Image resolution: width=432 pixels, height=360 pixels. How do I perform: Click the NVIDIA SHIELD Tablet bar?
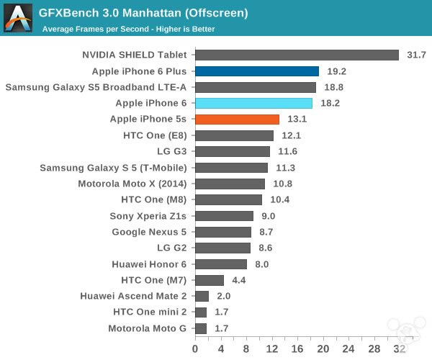[x=297, y=55]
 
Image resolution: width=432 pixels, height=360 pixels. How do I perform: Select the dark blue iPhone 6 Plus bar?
[x=256, y=71]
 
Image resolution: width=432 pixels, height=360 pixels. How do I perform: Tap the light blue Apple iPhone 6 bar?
[x=253, y=104]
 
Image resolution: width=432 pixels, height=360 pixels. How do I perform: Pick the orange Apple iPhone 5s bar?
[x=237, y=120]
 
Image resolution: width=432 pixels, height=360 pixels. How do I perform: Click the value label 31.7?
[x=415, y=55]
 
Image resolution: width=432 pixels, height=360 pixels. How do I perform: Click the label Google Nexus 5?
[x=149, y=232]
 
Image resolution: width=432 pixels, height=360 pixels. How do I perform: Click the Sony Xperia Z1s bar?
[x=224, y=216]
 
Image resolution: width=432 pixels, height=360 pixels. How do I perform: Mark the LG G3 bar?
[x=232, y=151]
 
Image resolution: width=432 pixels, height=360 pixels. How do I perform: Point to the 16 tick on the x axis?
[x=297, y=349]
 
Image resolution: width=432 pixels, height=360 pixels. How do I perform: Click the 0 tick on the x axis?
[x=195, y=349]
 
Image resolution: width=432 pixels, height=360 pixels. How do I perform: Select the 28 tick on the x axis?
[x=374, y=349]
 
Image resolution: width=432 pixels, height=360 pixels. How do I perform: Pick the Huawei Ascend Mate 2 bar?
[x=202, y=296]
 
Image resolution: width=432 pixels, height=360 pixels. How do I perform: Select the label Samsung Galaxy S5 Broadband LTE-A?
[x=96, y=88]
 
